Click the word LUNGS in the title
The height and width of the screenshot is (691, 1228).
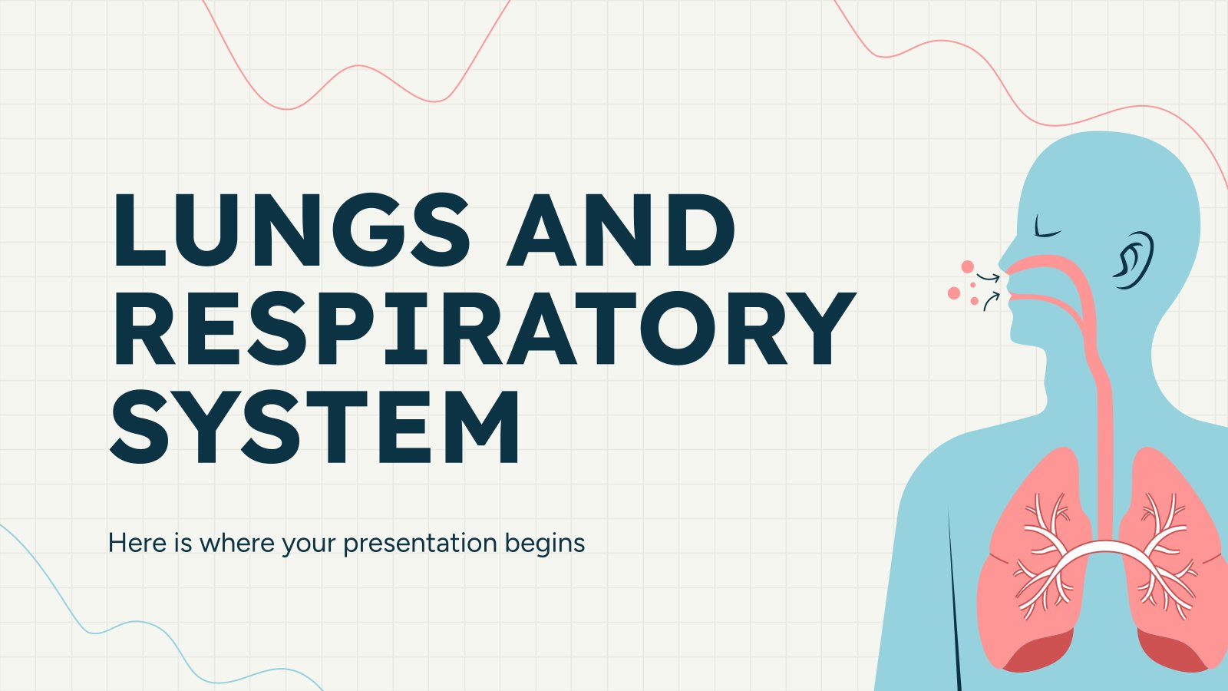(x=290, y=230)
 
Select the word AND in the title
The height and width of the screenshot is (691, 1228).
(x=620, y=230)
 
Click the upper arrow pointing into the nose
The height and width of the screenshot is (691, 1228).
(x=989, y=277)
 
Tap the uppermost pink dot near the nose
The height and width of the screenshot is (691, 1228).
(x=968, y=266)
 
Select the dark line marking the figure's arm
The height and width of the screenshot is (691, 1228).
(x=954, y=599)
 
